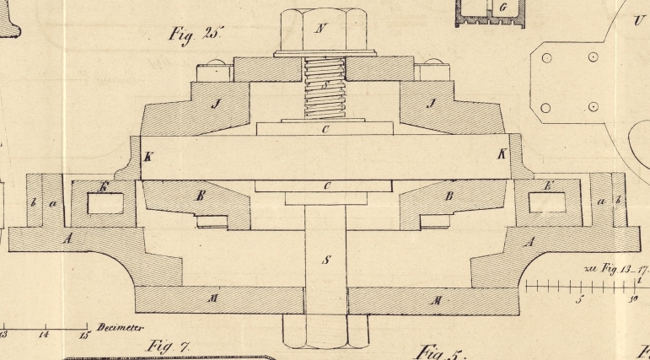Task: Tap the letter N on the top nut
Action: (x=320, y=29)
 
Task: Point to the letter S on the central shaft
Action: (x=325, y=260)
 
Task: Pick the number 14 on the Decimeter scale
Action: (x=45, y=336)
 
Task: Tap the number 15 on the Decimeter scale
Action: (x=84, y=336)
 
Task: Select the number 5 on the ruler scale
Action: (x=579, y=299)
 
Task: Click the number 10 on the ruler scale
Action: (x=632, y=299)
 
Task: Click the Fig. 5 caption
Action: (x=438, y=351)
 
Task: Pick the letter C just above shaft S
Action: (x=325, y=185)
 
